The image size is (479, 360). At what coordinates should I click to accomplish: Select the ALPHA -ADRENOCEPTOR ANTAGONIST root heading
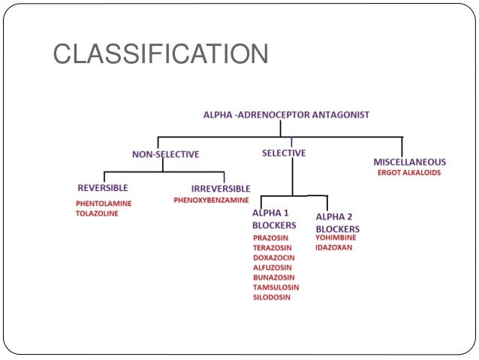[x=286, y=115]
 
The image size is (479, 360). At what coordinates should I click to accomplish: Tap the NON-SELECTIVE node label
[x=165, y=154]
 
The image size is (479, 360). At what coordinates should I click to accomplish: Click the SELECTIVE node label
[x=284, y=153]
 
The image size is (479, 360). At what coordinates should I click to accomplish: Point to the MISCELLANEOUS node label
[x=409, y=162]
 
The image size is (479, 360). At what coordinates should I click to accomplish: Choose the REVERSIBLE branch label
[x=103, y=187]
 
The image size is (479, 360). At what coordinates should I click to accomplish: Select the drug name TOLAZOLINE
[x=97, y=213]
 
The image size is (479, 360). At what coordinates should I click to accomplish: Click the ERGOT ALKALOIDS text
[x=409, y=173]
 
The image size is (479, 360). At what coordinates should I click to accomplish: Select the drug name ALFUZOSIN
[x=273, y=268]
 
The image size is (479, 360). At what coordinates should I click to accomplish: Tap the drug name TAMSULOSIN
[x=276, y=287]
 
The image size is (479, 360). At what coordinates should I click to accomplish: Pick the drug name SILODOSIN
[x=272, y=297]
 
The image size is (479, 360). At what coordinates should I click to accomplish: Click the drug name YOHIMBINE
[x=336, y=237]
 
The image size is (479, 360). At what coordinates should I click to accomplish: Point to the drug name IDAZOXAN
[x=334, y=247]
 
